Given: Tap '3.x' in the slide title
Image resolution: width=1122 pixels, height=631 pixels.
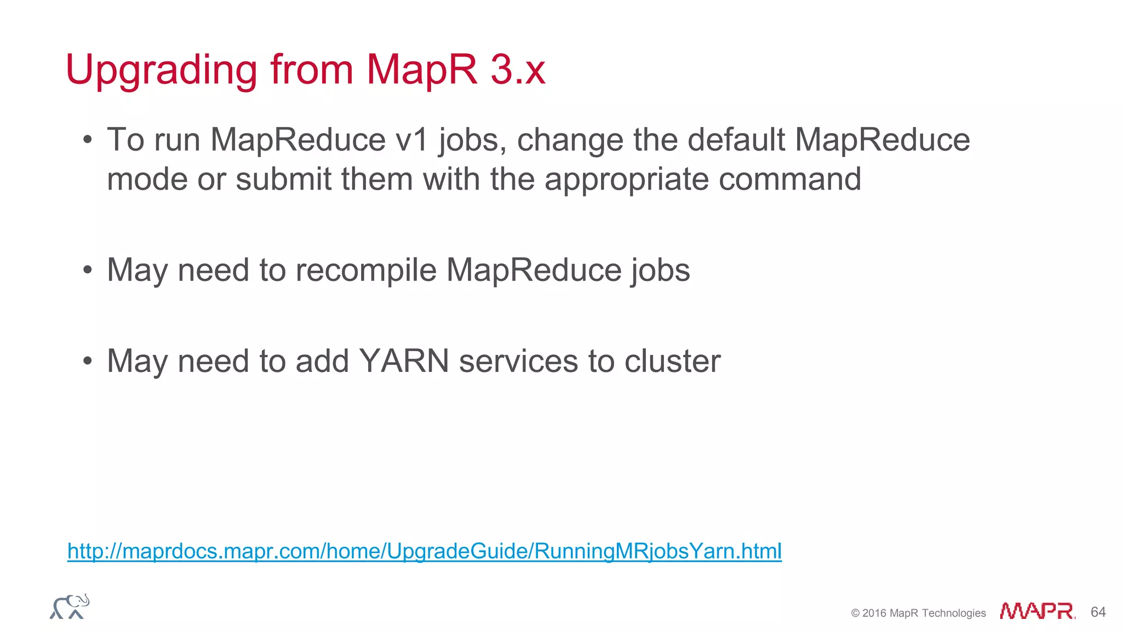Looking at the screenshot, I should coord(518,70).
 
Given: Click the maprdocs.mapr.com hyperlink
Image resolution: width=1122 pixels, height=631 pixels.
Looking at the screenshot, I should coord(424,550).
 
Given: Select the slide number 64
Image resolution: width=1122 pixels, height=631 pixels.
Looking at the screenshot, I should coord(1098,612).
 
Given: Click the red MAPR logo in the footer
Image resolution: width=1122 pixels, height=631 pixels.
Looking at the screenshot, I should coord(1037,611).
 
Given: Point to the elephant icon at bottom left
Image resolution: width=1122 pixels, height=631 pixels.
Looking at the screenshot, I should coord(70,607).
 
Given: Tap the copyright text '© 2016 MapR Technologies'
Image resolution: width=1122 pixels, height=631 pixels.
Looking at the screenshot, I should coord(918,613).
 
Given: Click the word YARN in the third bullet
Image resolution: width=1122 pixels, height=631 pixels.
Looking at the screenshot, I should coord(404,361).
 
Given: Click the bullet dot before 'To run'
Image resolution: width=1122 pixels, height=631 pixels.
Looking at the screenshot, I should coord(88,140).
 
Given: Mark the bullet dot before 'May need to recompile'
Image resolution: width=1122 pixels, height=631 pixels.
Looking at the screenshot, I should coord(88,271).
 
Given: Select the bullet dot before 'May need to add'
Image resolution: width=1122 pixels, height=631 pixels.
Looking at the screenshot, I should coord(88,362).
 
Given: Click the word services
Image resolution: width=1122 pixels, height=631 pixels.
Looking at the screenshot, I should coord(518,361).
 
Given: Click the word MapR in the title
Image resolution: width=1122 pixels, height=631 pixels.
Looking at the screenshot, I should coord(422,70).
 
